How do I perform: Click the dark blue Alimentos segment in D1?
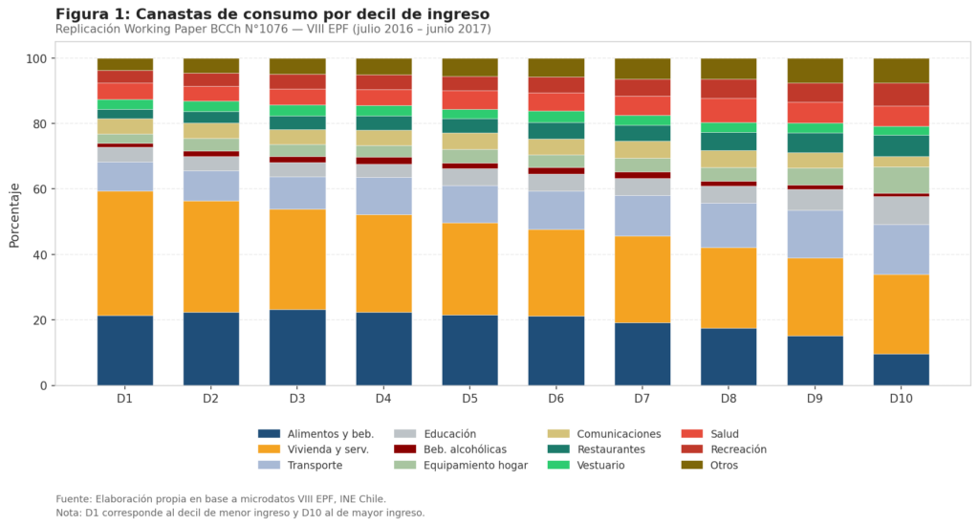(x=125, y=350)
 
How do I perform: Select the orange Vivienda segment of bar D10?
(x=901, y=315)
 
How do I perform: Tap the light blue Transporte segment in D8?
(x=729, y=226)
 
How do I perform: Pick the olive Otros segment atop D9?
(x=815, y=71)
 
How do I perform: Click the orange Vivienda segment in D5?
(x=470, y=270)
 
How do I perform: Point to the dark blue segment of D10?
(x=901, y=370)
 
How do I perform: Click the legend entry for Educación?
(x=435, y=433)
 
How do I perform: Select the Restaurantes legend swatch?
(x=558, y=449)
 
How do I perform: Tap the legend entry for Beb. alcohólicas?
(x=450, y=449)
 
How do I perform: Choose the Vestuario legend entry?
(x=586, y=465)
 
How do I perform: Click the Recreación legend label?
(x=738, y=449)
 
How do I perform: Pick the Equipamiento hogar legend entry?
(x=461, y=465)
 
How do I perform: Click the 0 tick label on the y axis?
(x=43, y=385)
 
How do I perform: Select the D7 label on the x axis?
(x=642, y=398)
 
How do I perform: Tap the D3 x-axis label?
(x=297, y=398)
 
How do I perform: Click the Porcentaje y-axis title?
(x=14, y=215)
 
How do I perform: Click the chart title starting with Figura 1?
(x=272, y=13)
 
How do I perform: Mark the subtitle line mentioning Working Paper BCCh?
(x=272, y=30)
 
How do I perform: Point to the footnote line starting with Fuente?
(x=221, y=499)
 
